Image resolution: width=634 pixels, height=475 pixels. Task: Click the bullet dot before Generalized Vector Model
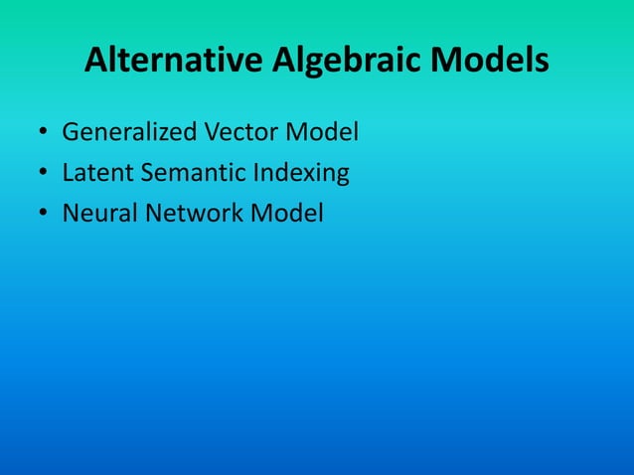click(43, 133)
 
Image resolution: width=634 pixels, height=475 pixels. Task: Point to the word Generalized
click(128, 131)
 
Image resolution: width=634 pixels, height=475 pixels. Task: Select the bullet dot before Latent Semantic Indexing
click(43, 175)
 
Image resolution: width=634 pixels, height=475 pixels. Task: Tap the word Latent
click(93, 173)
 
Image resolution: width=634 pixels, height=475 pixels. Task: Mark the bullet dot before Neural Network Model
click(43, 216)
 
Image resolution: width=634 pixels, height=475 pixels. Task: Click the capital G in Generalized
click(70, 131)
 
